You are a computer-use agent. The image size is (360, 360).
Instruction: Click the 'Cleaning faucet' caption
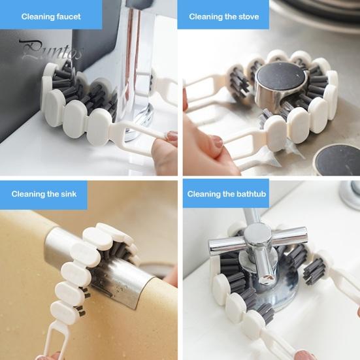51,16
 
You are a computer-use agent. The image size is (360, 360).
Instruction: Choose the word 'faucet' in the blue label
69,16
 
